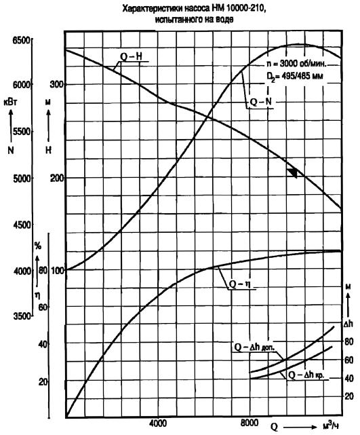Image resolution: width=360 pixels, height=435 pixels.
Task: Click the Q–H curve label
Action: (131, 56)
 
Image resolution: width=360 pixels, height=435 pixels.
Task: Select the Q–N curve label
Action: (260, 102)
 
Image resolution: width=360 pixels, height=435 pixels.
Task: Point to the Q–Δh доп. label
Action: (254, 347)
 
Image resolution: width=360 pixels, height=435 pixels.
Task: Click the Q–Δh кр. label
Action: (306, 375)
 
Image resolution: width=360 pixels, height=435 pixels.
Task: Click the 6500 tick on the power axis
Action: (21, 40)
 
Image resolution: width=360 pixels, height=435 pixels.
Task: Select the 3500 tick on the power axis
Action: (22, 316)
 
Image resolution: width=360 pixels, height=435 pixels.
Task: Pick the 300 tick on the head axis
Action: (56, 83)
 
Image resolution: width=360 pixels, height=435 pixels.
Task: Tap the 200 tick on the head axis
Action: (57, 178)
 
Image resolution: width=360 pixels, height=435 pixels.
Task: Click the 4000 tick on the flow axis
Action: (158, 423)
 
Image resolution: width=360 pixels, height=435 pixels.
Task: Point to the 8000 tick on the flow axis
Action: (249, 423)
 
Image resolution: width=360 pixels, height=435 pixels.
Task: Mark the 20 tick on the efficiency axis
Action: (43, 382)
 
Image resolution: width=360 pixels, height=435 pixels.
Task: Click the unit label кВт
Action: (10, 102)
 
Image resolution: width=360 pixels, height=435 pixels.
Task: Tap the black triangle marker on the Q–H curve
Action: (293, 172)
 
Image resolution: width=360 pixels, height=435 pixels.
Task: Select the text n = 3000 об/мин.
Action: (296, 64)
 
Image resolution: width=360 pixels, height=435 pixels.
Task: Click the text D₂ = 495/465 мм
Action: (295, 76)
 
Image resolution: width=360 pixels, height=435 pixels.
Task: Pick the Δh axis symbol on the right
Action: (348, 324)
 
